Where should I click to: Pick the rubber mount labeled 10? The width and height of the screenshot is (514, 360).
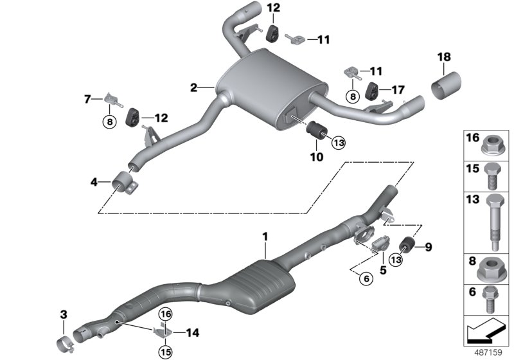(316, 129)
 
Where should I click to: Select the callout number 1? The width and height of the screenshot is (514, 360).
(263, 237)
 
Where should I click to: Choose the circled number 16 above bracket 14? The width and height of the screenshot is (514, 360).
(165, 314)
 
